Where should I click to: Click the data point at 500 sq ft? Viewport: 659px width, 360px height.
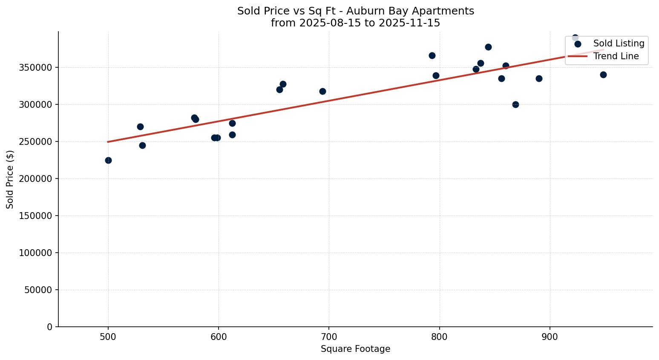coord(108,160)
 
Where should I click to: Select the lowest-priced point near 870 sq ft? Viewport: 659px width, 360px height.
coord(515,104)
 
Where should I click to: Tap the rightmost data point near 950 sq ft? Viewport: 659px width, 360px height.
coord(603,75)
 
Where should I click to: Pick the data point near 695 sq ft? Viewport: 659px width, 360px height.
coord(322,91)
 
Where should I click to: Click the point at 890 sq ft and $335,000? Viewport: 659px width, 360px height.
coord(539,78)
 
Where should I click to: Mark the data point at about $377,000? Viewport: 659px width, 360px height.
coord(488,47)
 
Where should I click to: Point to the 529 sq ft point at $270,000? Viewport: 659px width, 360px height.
coord(140,127)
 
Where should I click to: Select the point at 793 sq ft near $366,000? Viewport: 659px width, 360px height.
coord(432,55)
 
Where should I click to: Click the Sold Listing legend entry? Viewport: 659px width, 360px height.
coord(619,43)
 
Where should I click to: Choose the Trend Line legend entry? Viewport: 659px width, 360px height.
coord(616,56)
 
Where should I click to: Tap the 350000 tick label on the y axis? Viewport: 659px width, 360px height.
coord(36,68)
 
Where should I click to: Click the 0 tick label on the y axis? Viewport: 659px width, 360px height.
coord(50,327)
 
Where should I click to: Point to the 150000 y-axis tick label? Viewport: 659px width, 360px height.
coord(36,216)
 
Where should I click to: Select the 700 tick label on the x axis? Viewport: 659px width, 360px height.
coord(329,337)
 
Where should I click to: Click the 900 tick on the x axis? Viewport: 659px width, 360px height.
coord(550,337)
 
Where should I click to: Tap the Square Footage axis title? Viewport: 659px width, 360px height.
coord(355,349)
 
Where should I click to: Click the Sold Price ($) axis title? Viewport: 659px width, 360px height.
coord(10,179)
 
